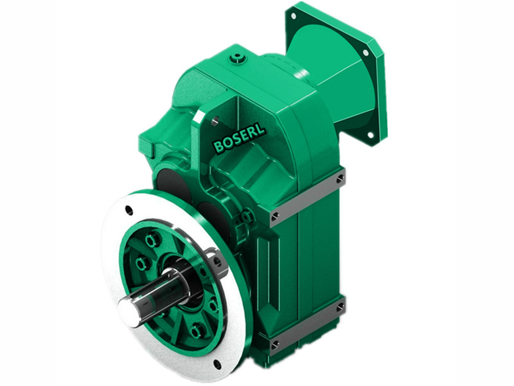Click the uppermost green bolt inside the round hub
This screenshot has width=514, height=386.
click(x=152, y=239)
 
